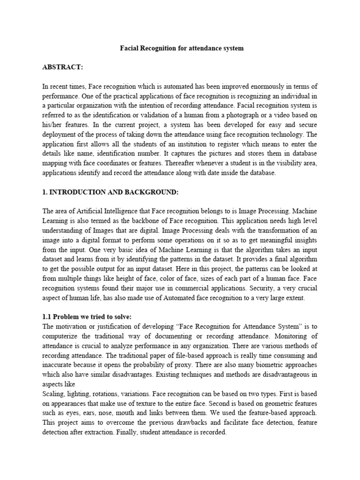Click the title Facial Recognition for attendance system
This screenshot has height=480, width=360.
coord(180,49)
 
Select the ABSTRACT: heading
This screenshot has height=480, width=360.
coord(62,67)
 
